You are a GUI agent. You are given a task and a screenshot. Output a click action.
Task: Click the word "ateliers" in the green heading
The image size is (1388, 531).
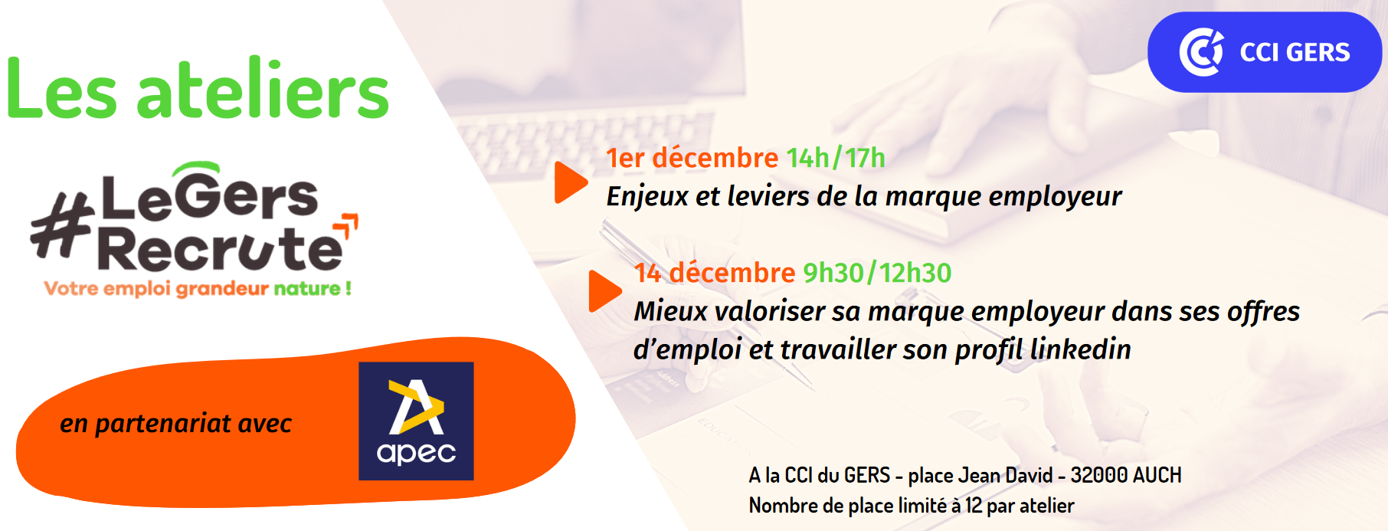[263, 91]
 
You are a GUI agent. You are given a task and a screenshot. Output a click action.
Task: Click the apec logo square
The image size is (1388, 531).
[416, 421]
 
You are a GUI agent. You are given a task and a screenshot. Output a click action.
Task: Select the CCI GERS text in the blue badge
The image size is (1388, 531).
[1295, 52]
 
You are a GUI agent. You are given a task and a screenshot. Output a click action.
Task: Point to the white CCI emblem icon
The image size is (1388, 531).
[1200, 52]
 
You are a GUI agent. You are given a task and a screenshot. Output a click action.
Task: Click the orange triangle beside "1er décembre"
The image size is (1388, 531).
[570, 182]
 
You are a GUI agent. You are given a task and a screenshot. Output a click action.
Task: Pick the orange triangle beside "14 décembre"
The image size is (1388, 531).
[604, 291]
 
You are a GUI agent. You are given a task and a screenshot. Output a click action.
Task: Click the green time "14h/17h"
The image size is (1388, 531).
[836, 158]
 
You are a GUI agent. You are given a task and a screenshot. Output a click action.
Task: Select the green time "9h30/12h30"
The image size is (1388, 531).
[877, 273]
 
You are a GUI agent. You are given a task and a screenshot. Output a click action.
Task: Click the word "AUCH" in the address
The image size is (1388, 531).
[1157, 475]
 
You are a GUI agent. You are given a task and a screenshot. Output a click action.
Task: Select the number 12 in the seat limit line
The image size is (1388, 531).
[973, 506]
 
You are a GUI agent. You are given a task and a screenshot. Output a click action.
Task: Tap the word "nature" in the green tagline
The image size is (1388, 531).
[307, 289]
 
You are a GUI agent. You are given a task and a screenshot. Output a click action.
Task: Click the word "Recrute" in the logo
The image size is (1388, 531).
[220, 249]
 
